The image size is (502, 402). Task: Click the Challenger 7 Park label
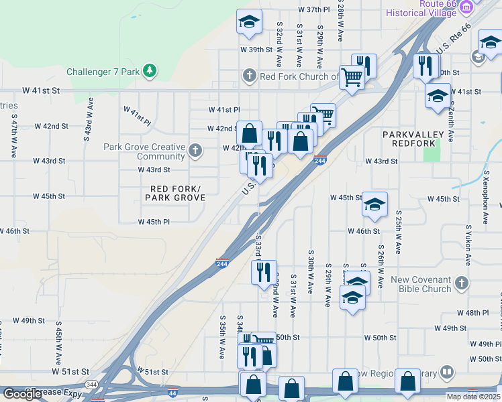(x=103, y=71)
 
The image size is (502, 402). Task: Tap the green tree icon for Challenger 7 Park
(x=149, y=70)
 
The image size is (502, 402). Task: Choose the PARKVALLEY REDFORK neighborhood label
(x=413, y=140)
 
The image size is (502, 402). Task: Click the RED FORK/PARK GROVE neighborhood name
(x=175, y=193)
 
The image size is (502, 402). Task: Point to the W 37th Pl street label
(x=314, y=10)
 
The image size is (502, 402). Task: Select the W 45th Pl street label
(x=154, y=222)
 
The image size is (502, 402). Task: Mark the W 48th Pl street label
(x=473, y=313)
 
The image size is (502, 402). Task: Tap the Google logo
(x=22, y=394)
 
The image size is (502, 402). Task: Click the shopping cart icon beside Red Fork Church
(x=351, y=77)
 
